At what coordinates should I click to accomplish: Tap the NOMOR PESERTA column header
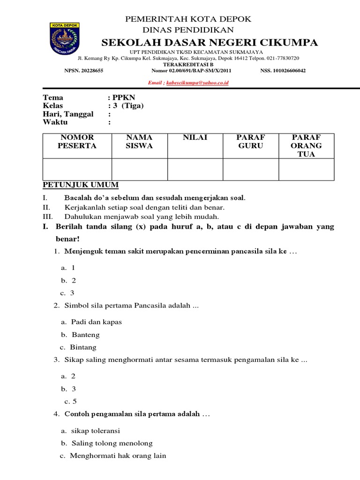[77, 142]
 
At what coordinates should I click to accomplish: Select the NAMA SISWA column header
[139, 142]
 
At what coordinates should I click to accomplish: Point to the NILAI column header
[195, 137]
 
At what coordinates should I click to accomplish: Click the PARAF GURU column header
[251, 142]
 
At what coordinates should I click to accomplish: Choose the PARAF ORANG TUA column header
[307, 145]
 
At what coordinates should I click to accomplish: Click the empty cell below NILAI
[195, 169]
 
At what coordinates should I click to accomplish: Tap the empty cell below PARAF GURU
[251, 169]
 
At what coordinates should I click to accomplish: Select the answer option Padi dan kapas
[97, 322]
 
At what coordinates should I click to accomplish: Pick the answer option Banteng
[86, 335]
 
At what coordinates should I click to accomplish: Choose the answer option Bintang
[83, 347]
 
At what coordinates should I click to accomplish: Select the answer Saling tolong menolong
[112, 443]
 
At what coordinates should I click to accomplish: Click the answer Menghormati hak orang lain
[118, 455]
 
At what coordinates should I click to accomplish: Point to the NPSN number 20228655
[92, 71]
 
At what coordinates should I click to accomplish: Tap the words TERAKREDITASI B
[187, 64]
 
